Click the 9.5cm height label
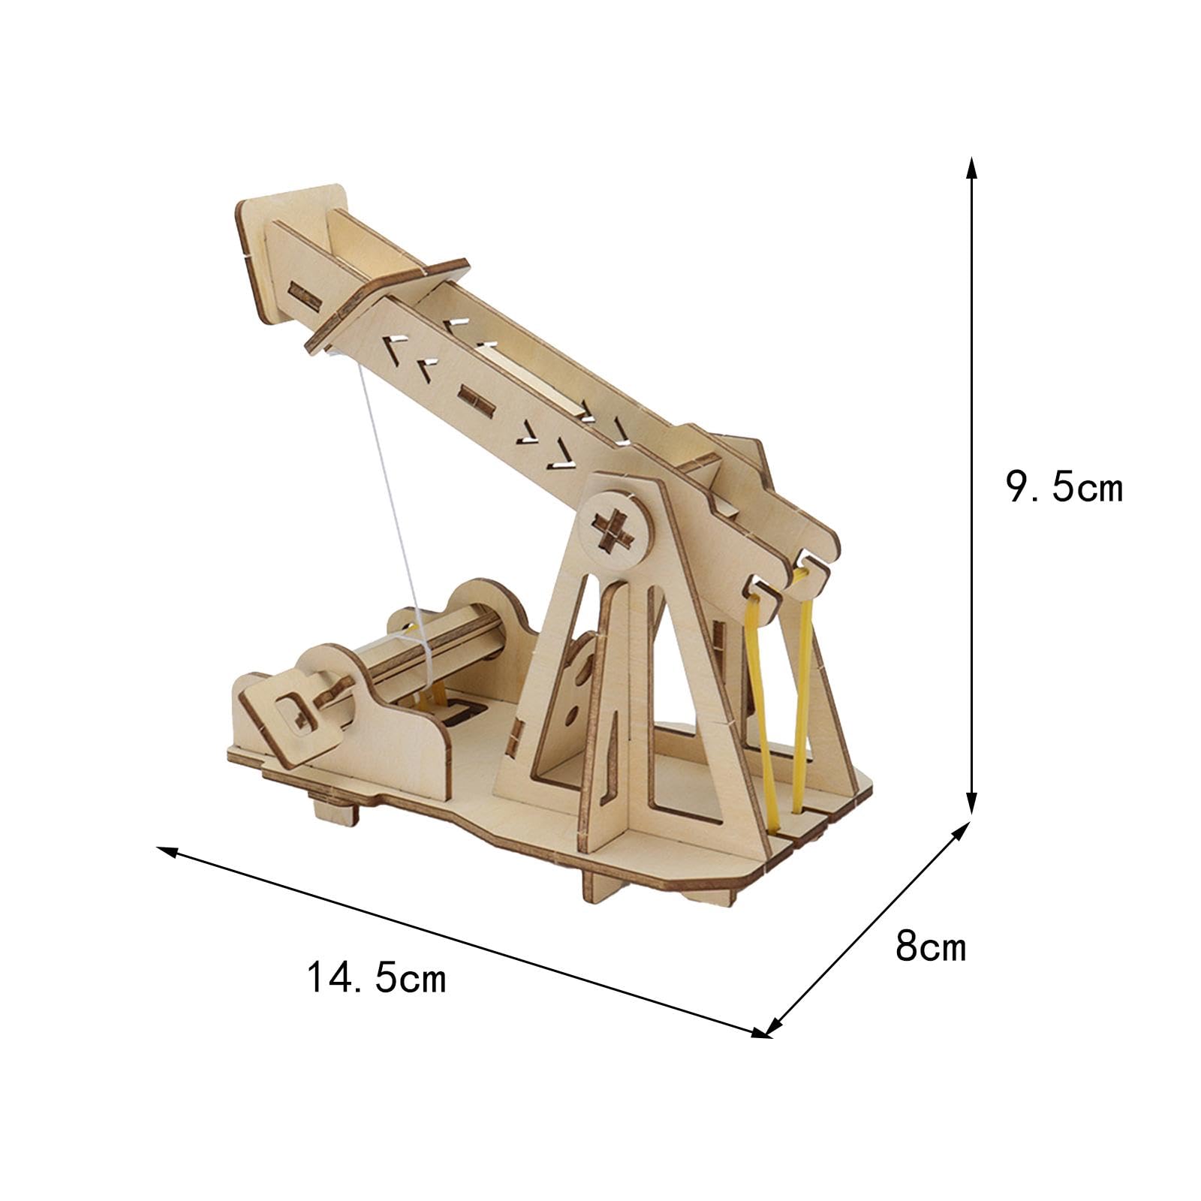[1064, 489]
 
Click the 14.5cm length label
[376, 977]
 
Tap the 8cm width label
[930, 947]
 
